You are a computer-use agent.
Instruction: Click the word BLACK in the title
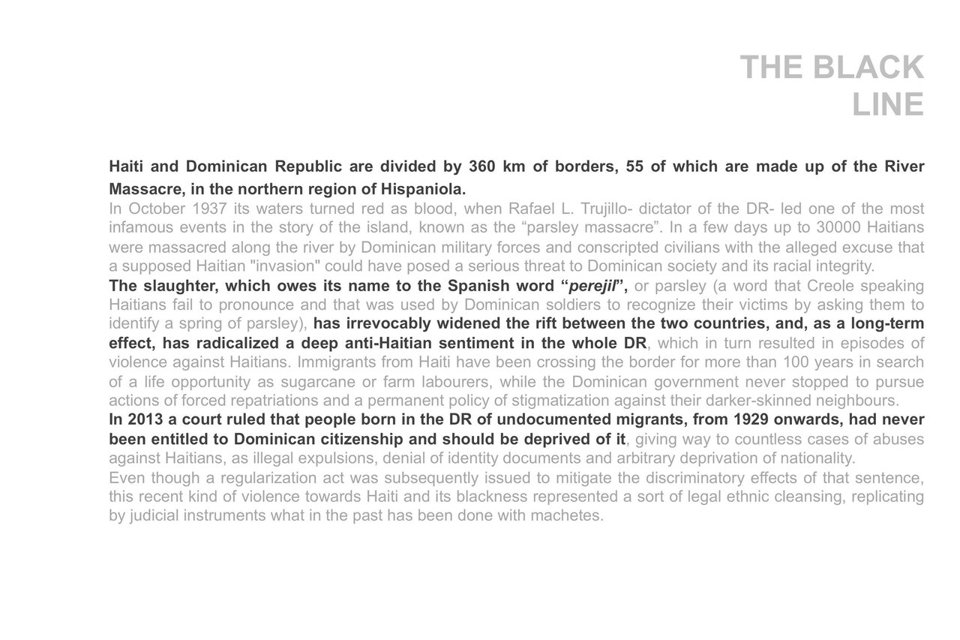[x=868, y=68]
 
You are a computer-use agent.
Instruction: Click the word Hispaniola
[x=423, y=188]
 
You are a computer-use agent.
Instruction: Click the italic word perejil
[x=592, y=286]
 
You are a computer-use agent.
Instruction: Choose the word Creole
[x=832, y=286]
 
